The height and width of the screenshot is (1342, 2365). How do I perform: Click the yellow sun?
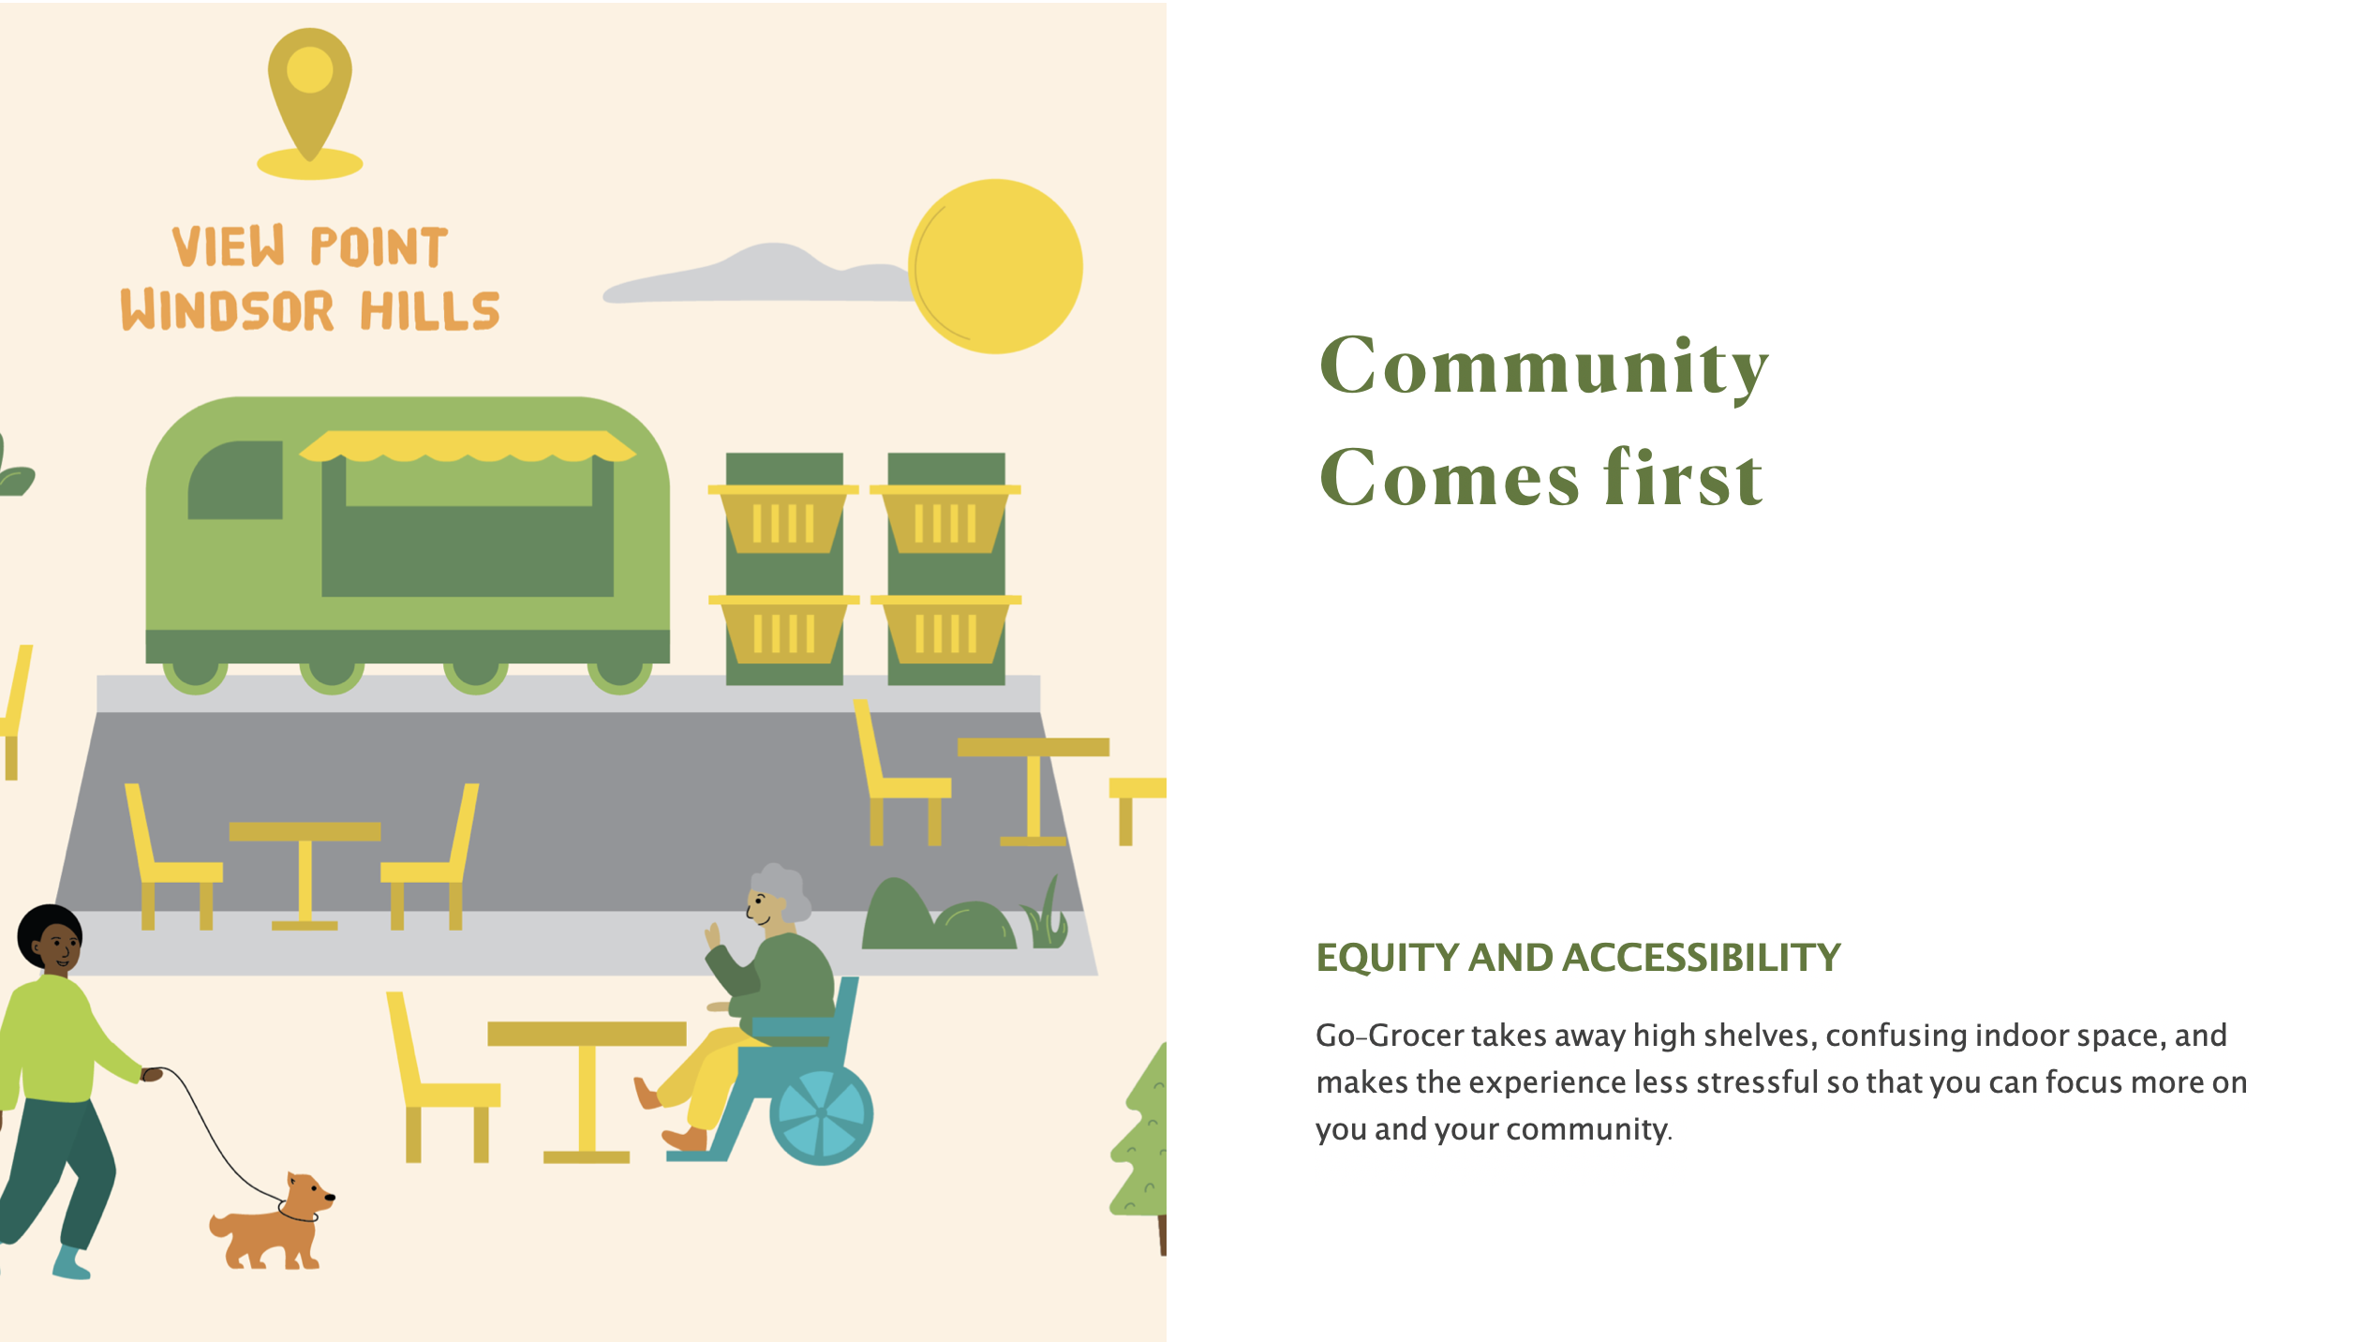click(x=995, y=266)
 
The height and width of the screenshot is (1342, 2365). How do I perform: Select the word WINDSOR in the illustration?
click(x=227, y=310)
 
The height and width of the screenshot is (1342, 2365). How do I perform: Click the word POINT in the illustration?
click(x=379, y=246)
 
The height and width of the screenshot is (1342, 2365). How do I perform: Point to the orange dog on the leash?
click(x=272, y=1222)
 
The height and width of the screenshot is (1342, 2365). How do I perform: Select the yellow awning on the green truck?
click(x=468, y=446)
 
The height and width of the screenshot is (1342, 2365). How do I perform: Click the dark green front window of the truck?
click(x=235, y=480)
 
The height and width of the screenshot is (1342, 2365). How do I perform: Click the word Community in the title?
click(x=1543, y=365)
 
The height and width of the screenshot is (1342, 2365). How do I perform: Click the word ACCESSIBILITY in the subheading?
click(x=1702, y=957)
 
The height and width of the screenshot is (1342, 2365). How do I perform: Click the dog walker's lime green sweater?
click(x=61, y=1040)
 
